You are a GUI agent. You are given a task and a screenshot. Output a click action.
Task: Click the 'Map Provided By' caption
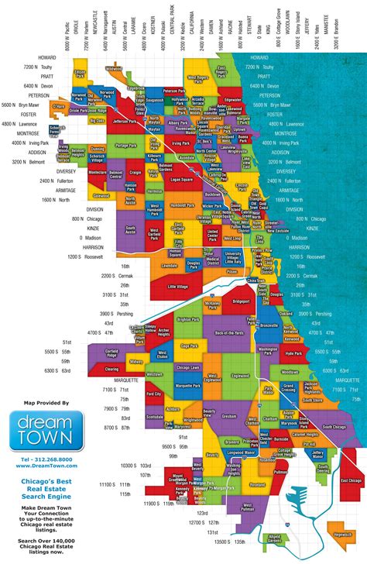tap(42, 404)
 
